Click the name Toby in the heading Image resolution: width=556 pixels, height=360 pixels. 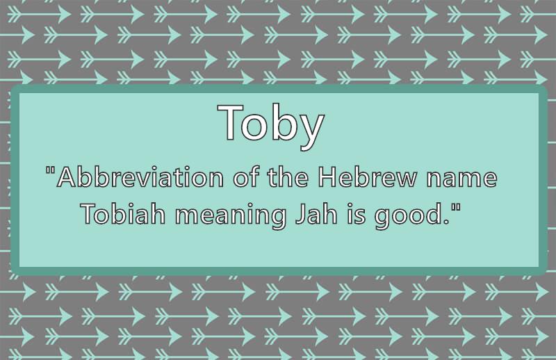click(271, 126)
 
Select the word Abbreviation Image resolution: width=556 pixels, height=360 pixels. click(140, 177)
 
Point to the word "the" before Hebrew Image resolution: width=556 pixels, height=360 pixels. click(288, 177)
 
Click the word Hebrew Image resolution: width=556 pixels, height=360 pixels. click(367, 177)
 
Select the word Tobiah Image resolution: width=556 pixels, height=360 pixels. click(124, 214)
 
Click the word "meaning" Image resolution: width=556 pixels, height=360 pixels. click(231, 216)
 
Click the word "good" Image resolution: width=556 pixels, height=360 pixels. click(408, 216)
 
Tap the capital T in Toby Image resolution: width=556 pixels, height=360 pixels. click(231, 122)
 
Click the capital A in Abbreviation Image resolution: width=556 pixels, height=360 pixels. click(68, 177)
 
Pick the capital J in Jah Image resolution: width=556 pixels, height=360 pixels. click(301, 214)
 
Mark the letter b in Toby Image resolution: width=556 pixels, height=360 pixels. click(283, 122)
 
